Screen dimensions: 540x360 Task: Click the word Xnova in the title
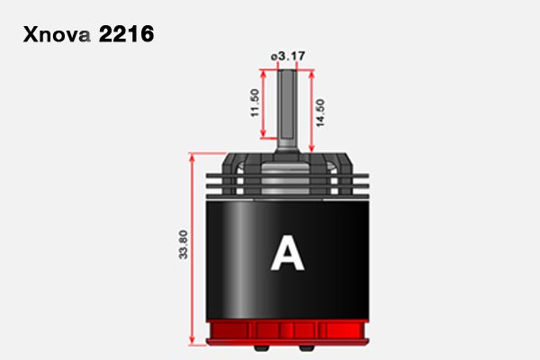[57, 34]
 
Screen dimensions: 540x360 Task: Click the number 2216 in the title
[126, 34]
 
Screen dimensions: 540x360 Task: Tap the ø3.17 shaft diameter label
[288, 56]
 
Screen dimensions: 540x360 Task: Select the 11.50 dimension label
[255, 103]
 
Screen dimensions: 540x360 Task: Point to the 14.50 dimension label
[319, 112]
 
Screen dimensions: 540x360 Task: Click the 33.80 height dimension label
[184, 244]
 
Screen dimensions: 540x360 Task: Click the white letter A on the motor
[288, 253]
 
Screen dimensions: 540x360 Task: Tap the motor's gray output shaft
[288, 110]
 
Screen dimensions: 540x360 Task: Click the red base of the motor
[288, 332]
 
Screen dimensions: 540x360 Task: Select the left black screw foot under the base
[262, 348]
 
